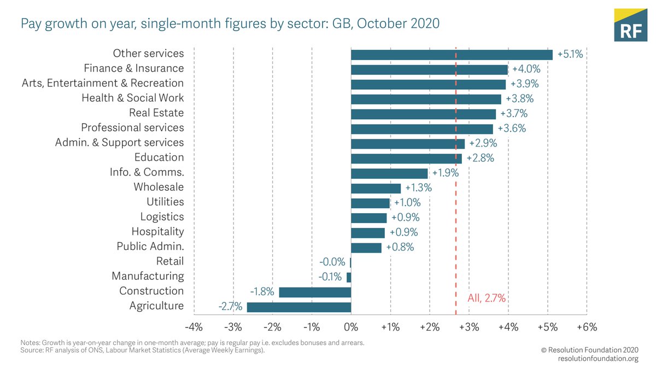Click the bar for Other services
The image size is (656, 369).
coord(452,55)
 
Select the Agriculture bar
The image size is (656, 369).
coord(299,307)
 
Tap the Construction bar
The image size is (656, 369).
coord(315,292)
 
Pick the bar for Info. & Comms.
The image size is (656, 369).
coord(389,173)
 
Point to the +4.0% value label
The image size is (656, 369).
coord(525,69)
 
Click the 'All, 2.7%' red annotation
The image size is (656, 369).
coord(487,298)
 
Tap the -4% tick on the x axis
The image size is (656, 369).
coord(194,327)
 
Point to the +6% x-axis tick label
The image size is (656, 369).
coord(586,327)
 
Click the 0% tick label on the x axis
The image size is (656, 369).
coord(351,327)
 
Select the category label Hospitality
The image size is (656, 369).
coord(157,232)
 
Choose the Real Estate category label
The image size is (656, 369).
coord(156,113)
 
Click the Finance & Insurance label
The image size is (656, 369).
coord(134,68)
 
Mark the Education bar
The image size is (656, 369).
coord(406,159)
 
